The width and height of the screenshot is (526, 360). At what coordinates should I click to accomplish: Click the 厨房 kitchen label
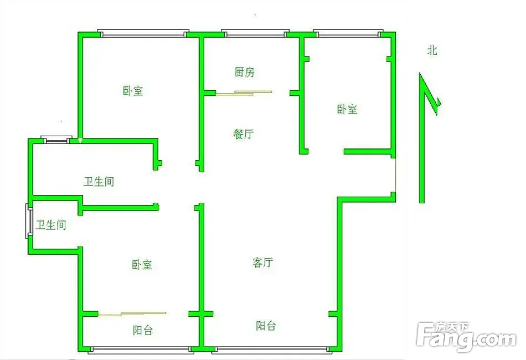pos(245,72)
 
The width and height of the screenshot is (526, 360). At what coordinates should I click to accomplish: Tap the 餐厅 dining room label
pos(244,134)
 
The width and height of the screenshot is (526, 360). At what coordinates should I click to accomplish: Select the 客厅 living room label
pos(262,263)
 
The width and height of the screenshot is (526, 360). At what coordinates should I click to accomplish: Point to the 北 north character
pos(432,50)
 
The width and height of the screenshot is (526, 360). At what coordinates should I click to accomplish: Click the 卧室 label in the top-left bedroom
pos(133,91)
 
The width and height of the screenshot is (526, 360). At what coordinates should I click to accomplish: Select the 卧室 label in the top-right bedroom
pos(347,109)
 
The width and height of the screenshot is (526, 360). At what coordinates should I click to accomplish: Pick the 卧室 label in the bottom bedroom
pos(142,265)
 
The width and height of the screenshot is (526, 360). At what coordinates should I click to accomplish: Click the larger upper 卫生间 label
pos(99,182)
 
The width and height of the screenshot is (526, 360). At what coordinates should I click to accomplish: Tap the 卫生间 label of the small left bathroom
pos(51,225)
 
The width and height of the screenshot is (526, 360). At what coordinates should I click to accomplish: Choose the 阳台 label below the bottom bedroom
pos(142,331)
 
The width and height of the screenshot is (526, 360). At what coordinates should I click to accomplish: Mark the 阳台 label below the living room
pos(266,326)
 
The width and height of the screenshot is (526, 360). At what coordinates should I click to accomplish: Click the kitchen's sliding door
pos(244,93)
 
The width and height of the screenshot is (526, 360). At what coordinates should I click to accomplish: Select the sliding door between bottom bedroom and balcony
pos(132,314)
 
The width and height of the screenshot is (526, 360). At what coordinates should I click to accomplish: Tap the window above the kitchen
pos(255,33)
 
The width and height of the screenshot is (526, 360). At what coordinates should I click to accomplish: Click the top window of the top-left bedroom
pos(143,33)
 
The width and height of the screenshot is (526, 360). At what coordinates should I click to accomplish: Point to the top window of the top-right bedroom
pos(348,33)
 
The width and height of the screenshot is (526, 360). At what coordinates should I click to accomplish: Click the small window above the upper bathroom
pos(56,140)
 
